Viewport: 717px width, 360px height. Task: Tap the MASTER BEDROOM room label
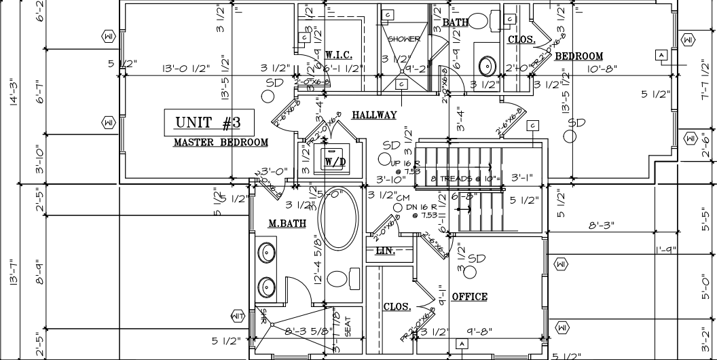[221, 143]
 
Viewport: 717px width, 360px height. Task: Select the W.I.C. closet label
[337, 54]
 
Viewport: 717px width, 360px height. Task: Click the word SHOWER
[404, 39]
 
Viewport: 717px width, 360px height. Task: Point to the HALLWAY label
[374, 115]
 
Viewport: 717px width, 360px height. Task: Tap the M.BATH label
[287, 223]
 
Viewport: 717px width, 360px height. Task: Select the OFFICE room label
[469, 297]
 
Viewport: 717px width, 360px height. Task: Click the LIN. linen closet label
[385, 251]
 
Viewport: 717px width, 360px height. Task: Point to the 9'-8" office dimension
[479, 332]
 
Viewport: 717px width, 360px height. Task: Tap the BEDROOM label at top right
[578, 56]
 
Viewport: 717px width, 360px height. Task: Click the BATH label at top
[456, 22]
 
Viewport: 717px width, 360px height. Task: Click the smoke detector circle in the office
[466, 270]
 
